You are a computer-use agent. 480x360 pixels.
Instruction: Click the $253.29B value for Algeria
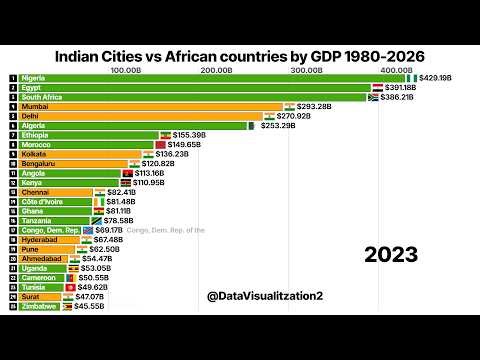[x=278, y=126]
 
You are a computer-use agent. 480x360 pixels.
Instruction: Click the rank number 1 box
[x=13, y=77]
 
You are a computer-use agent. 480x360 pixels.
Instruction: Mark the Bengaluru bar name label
[x=41, y=164]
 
